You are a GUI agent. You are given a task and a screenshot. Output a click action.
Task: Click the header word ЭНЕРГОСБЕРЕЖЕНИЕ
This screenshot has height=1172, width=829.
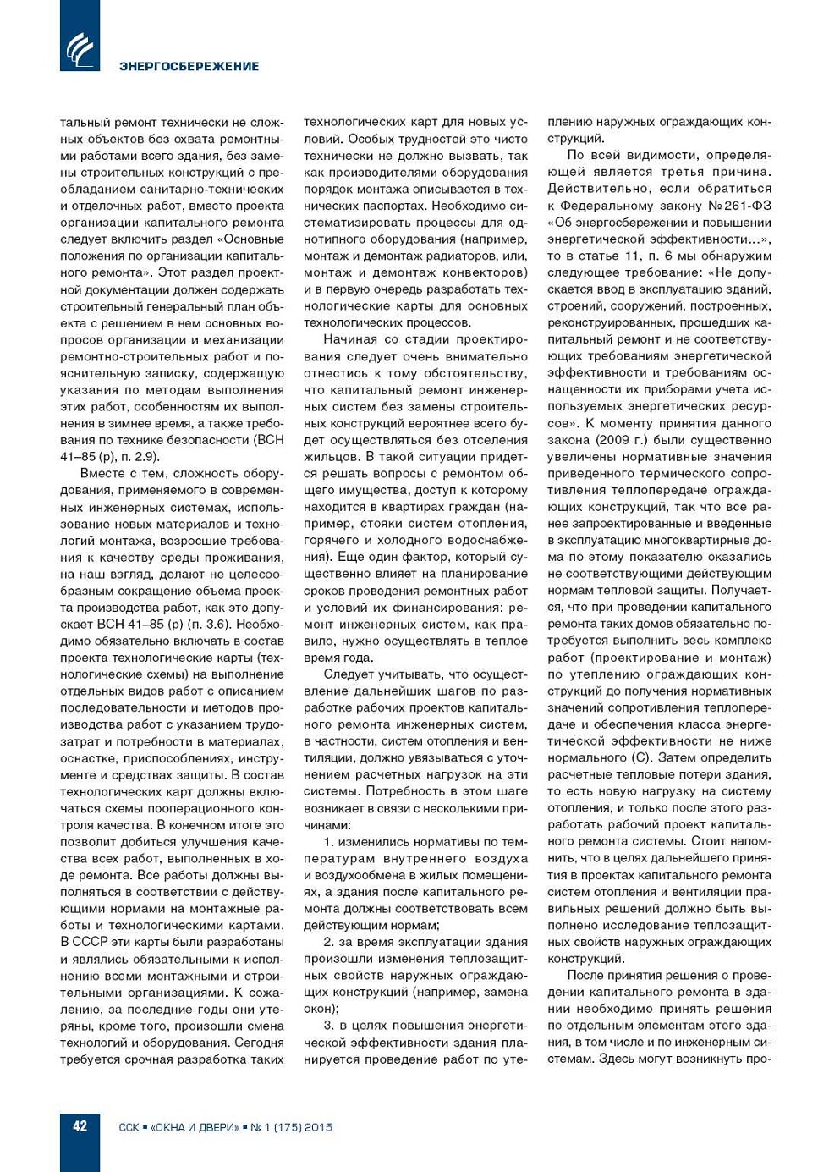tap(189, 66)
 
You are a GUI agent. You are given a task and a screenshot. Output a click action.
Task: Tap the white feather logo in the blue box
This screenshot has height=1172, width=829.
tap(80, 48)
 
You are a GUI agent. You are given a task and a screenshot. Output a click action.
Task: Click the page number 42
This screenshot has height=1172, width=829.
tap(80, 1125)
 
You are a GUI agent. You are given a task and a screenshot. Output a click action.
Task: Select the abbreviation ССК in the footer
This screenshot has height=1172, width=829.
tap(129, 1127)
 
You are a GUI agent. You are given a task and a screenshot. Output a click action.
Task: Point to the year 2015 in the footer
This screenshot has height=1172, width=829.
tap(318, 1127)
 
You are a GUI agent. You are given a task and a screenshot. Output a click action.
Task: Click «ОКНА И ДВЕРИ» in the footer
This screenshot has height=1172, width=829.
tap(195, 1127)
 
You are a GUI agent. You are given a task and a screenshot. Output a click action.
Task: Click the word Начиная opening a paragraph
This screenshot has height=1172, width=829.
tap(350, 340)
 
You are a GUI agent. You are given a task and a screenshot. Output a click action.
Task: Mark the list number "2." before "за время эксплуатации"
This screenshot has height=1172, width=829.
tap(329, 942)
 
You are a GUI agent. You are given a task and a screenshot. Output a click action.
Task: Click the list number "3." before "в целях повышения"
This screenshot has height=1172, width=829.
tap(329, 1026)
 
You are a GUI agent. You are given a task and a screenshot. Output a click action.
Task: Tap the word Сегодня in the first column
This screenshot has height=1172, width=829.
tap(260, 1043)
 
